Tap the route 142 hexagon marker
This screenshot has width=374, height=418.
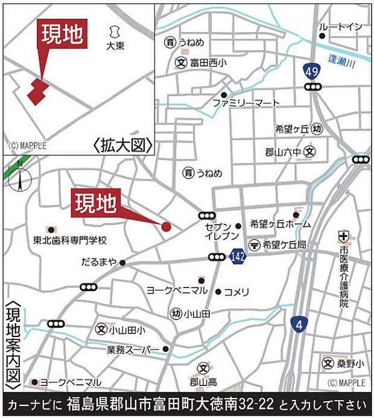pos(237,257)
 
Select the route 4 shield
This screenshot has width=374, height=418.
pos(298,324)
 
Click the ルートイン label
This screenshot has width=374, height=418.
pos(341,27)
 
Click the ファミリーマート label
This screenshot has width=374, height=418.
pos(246,103)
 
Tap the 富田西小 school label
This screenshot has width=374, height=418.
pos(209,62)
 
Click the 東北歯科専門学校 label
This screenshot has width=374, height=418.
pos(70,240)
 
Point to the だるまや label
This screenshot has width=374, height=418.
pos(99,263)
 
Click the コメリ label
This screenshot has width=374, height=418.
pos(236,292)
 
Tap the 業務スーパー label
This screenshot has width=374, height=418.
pos(133,349)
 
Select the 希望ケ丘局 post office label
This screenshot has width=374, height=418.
pos(285,244)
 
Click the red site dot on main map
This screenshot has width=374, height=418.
pos(166,227)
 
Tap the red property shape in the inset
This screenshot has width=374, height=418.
pos(37,92)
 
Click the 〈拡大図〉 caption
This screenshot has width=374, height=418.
pos(122,146)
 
